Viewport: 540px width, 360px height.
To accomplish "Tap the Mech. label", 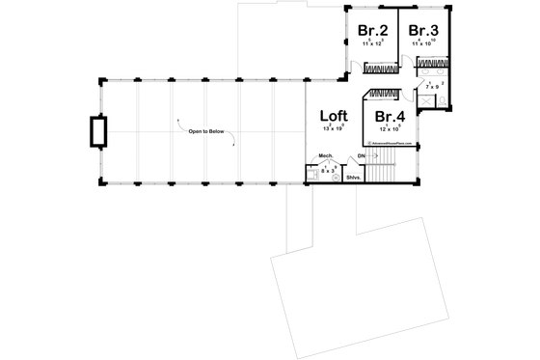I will [326, 155].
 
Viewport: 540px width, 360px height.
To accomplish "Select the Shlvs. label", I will [353, 177].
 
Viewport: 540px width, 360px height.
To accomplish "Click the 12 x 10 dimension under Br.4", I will [391, 127].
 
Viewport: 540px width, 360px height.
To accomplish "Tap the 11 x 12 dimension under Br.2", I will [371, 43].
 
